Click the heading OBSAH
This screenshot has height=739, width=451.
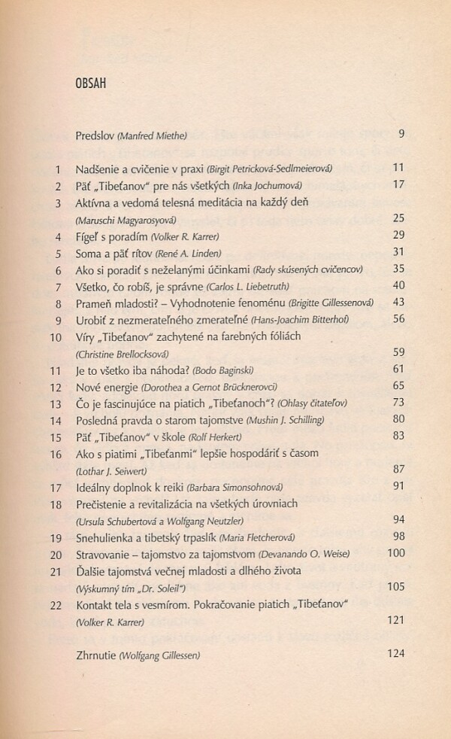coord(86,82)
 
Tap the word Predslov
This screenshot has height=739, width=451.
coord(95,135)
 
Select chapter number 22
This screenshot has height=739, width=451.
coord(54,604)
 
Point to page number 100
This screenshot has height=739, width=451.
coord(395,554)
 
